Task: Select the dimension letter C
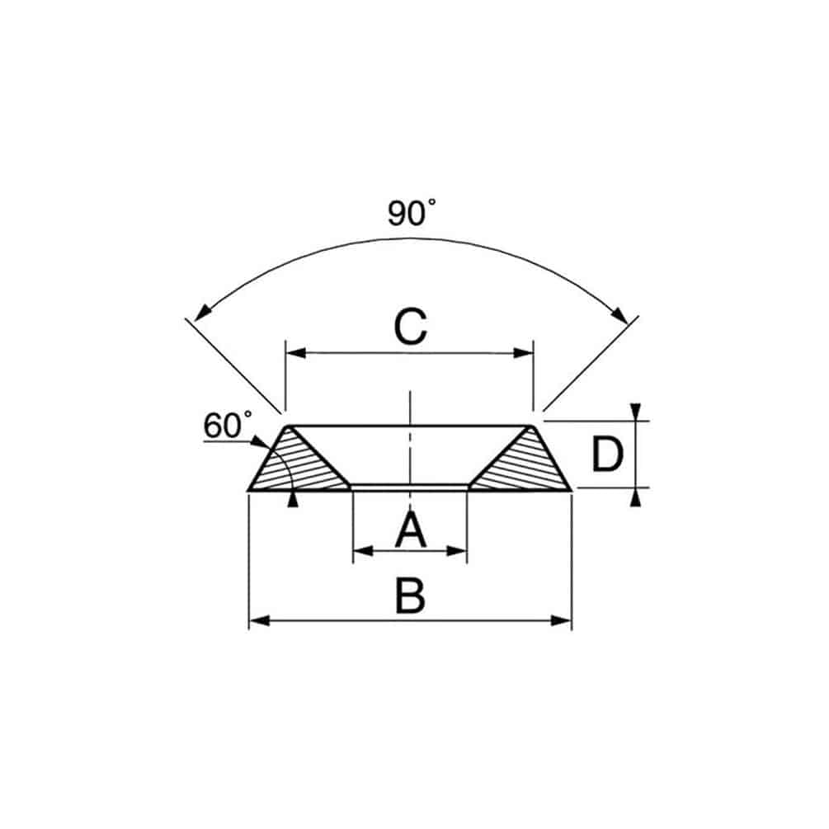410,327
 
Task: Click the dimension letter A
410,530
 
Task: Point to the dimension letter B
410,596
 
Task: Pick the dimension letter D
607,455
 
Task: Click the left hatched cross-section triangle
297,463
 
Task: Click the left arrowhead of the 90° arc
202,313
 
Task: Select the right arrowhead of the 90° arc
619,314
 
